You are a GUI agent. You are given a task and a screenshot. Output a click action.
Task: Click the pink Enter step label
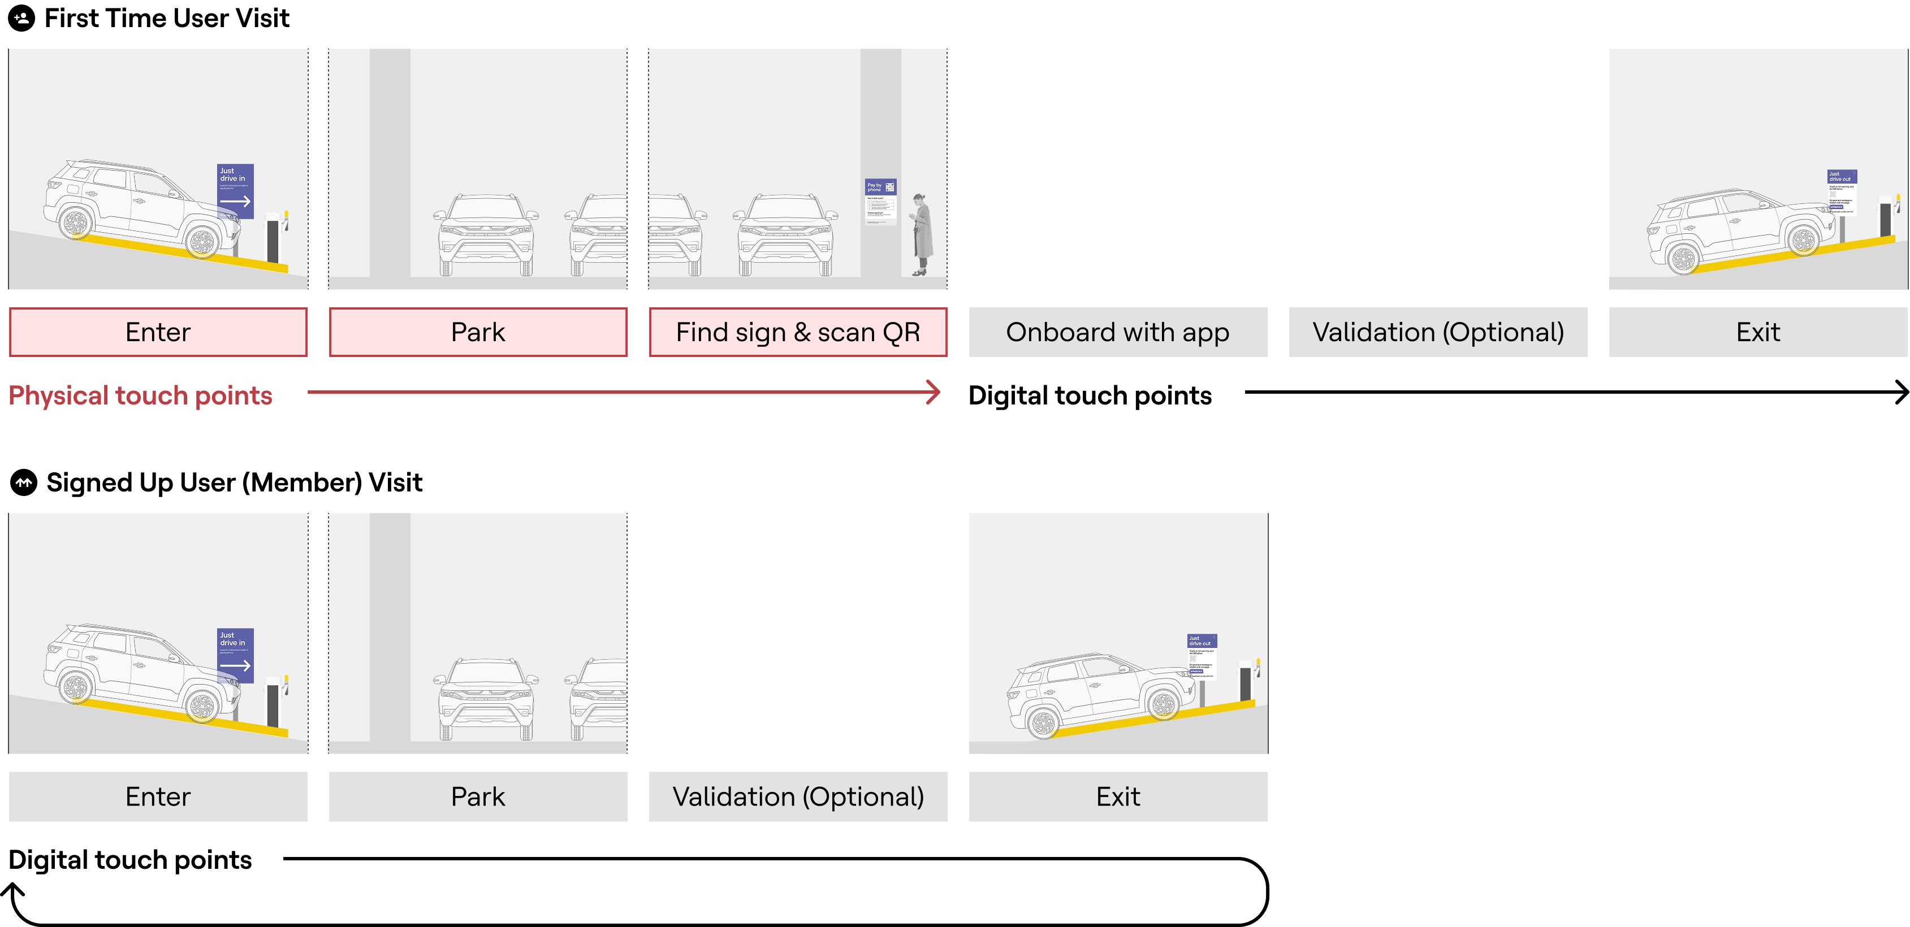[x=158, y=332]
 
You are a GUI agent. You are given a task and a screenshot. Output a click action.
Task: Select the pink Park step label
[x=478, y=332]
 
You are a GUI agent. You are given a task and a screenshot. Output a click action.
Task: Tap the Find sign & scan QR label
[x=798, y=332]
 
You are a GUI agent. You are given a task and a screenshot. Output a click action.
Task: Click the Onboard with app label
[x=1117, y=332]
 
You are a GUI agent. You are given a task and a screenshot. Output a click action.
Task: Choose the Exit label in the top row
[x=1757, y=332]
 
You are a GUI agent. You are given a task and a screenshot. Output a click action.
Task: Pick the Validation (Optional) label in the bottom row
[x=798, y=797]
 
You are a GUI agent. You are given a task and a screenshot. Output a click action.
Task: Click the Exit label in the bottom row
[x=1117, y=797]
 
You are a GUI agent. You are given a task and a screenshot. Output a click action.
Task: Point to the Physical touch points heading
[x=140, y=395]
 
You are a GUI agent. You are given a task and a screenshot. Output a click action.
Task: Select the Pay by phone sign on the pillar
[x=881, y=201]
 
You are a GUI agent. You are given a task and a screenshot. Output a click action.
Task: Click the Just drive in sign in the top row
[x=235, y=190]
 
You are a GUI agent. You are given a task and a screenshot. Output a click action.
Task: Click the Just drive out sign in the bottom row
[x=1201, y=656]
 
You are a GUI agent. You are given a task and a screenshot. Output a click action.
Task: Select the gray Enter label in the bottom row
[x=158, y=797]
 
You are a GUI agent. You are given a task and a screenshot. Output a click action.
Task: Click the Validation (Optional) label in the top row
[x=1438, y=332]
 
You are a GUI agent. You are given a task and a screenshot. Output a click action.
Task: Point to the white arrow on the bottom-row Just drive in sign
[x=235, y=665]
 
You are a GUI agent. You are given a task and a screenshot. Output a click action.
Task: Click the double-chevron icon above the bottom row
[x=24, y=482]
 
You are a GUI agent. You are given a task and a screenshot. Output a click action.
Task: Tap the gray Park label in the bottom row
[x=478, y=797]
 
